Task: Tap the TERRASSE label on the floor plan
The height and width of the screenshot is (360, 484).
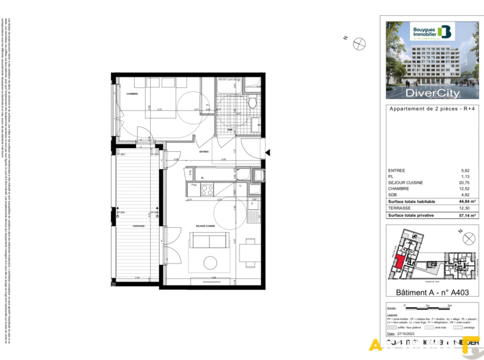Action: pyautogui.click(x=139, y=225)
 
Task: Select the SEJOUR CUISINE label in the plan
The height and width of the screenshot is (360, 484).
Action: pyautogui.click(x=205, y=226)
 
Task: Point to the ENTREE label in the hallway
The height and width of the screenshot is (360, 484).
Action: pyautogui.click(x=204, y=152)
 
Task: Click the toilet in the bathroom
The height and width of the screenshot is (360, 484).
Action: pyautogui.click(x=253, y=102)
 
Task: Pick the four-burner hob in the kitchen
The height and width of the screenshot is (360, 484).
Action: pyautogui.click(x=207, y=189)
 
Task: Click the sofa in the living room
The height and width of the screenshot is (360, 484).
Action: pyautogui.click(x=209, y=241)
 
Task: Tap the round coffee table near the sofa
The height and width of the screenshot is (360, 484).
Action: pyautogui.click(x=211, y=262)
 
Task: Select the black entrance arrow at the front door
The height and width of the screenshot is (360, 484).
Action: pyautogui.click(x=268, y=153)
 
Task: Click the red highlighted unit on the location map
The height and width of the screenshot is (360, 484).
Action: pyautogui.click(x=398, y=262)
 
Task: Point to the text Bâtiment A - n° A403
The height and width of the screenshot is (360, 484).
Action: pyautogui.click(x=432, y=292)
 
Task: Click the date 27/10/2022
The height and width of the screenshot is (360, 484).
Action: pyautogui.click(x=412, y=332)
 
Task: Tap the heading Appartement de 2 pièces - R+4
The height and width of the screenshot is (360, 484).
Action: pyautogui.click(x=432, y=109)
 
